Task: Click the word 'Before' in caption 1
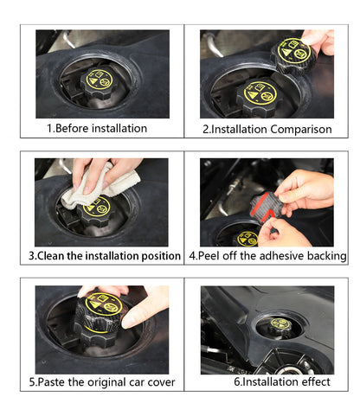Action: click(72, 128)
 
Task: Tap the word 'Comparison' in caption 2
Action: click(301, 130)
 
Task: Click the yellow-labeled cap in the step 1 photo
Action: click(98, 83)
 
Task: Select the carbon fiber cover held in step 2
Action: click(293, 54)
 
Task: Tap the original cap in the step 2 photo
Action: click(258, 98)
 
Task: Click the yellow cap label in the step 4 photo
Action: click(247, 239)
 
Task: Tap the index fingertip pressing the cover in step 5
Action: click(128, 322)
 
